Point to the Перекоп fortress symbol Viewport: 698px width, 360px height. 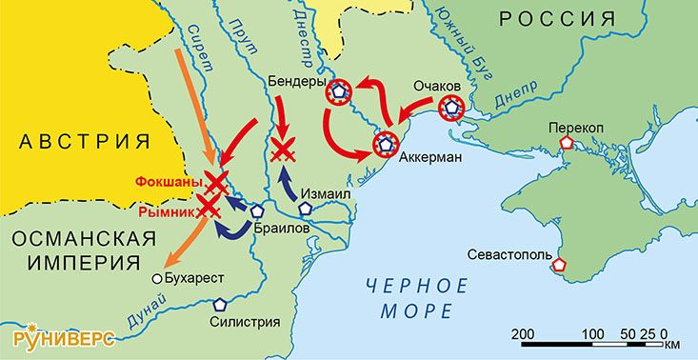pos(567,142)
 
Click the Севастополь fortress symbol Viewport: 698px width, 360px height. pos(559,265)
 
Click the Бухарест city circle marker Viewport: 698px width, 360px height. pos(155,279)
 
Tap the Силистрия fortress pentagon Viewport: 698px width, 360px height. pos(220,306)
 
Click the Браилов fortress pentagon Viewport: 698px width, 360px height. pos(256,213)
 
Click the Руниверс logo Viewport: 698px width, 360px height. pos(64,338)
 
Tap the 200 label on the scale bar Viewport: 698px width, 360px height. pos(522,332)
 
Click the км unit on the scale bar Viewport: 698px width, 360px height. pos(673,345)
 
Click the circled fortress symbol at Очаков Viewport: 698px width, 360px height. pos(450,108)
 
